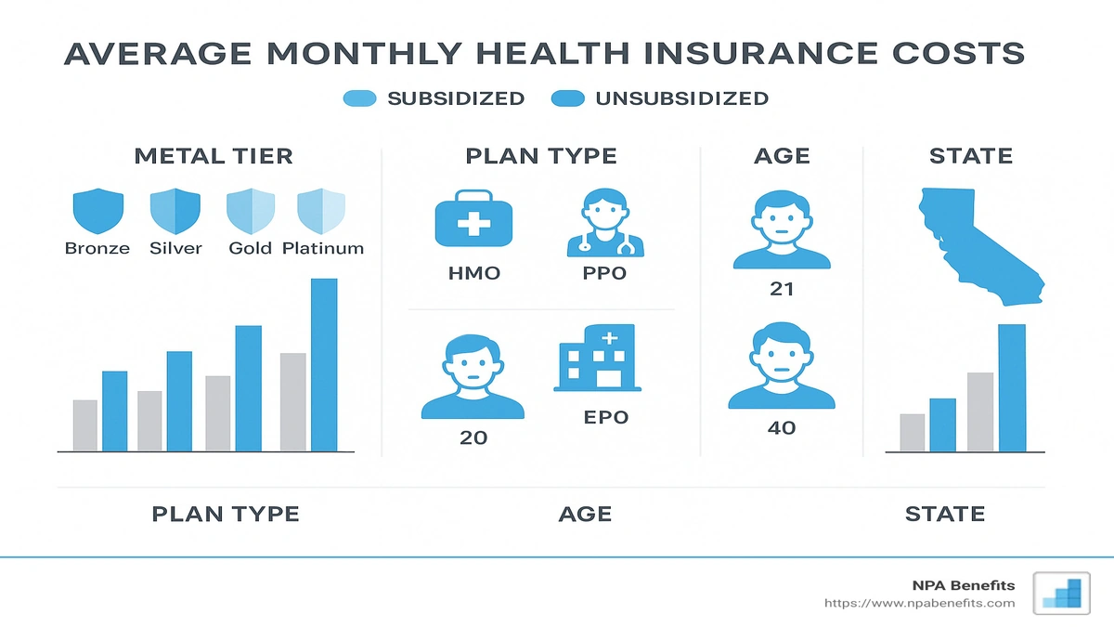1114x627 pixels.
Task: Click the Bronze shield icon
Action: [97, 211]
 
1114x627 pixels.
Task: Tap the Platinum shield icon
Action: [321, 211]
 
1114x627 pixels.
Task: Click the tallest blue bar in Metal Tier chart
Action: [324, 364]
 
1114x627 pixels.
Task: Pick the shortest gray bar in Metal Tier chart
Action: [84, 425]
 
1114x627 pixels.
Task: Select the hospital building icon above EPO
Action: [594, 358]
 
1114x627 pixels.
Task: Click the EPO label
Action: [605, 417]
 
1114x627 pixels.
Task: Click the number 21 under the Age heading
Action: [782, 289]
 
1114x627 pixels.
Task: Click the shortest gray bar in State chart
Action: [912, 432]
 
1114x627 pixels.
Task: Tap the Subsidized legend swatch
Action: [359, 98]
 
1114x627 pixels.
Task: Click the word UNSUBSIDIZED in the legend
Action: [681, 98]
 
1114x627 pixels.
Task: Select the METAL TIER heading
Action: [214, 155]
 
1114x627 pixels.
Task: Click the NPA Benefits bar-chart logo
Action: [1062, 592]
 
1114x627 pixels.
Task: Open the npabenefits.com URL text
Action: [919, 604]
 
